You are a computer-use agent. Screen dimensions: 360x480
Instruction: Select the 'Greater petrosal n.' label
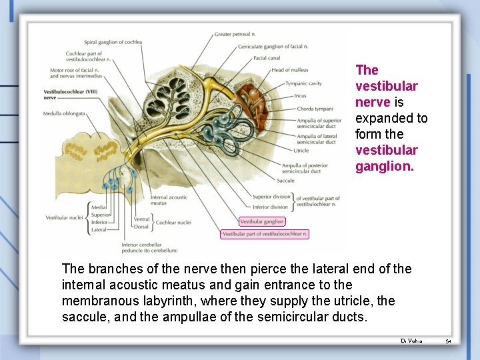point(235,34)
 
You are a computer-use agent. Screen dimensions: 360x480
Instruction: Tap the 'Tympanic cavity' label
point(303,83)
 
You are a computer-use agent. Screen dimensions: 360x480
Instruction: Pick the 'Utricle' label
point(301,151)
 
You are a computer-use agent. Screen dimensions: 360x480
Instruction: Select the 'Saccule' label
point(285,181)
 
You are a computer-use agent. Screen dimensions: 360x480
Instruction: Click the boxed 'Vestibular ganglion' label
point(262,221)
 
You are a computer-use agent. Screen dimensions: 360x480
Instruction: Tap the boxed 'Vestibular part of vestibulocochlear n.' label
point(265,234)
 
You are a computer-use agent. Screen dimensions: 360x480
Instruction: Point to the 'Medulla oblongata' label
point(64,114)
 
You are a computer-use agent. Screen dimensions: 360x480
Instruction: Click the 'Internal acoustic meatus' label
point(169,200)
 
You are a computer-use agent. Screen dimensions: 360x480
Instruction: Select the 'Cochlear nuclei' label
point(173,223)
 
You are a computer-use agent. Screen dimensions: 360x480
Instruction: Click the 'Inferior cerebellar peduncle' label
point(149,247)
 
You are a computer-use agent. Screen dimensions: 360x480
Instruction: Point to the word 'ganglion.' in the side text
point(385,166)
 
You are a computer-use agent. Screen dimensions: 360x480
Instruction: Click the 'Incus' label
point(300,96)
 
